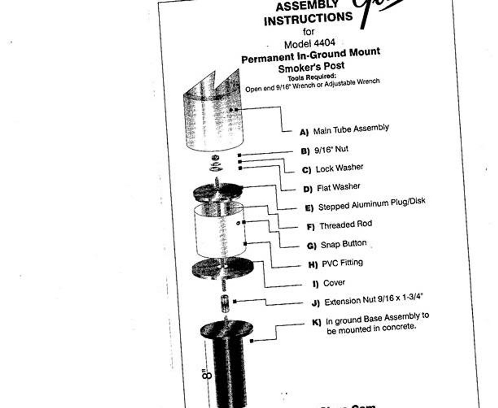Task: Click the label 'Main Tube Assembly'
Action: pos(351,129)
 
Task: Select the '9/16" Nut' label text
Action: pos(331,150)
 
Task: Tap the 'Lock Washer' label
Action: pos(339,168)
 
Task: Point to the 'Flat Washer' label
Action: pos(338,187)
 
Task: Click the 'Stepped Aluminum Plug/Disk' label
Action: pos(372,204)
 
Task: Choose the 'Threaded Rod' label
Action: pos(345,225)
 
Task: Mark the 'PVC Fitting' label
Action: pos(342,263)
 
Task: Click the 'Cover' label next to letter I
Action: pos(334,282)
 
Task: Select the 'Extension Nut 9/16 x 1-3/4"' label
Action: pos(373,300)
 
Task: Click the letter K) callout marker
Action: pos(317,322)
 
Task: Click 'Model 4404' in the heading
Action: pos(309,44)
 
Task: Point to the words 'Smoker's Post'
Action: pos(311,67)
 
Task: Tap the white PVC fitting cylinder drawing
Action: pos(220,231)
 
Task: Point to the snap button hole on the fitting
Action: pos(238,223)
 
